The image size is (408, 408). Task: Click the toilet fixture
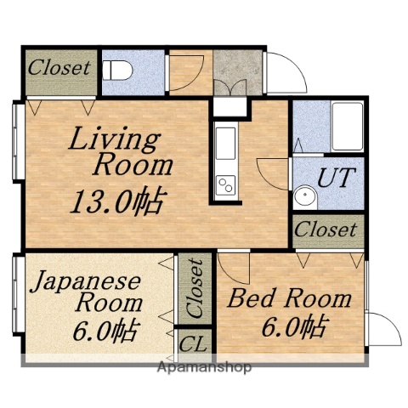pyautogui.click(x=117, y=70)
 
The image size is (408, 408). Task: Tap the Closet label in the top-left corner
pyautogui.click(x=59, y=67)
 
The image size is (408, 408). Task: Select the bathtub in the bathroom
pyautogui.click(x=347, y=126)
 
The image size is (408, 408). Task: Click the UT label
pyautogui.click(x=336, y=178)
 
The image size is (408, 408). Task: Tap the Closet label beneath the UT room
pyautogui.click(x=326, y=229)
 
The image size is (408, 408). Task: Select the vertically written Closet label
pyautogui.click(x=195, y=288)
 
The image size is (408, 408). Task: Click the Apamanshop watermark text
pyautogui.click(x=204, y=368)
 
